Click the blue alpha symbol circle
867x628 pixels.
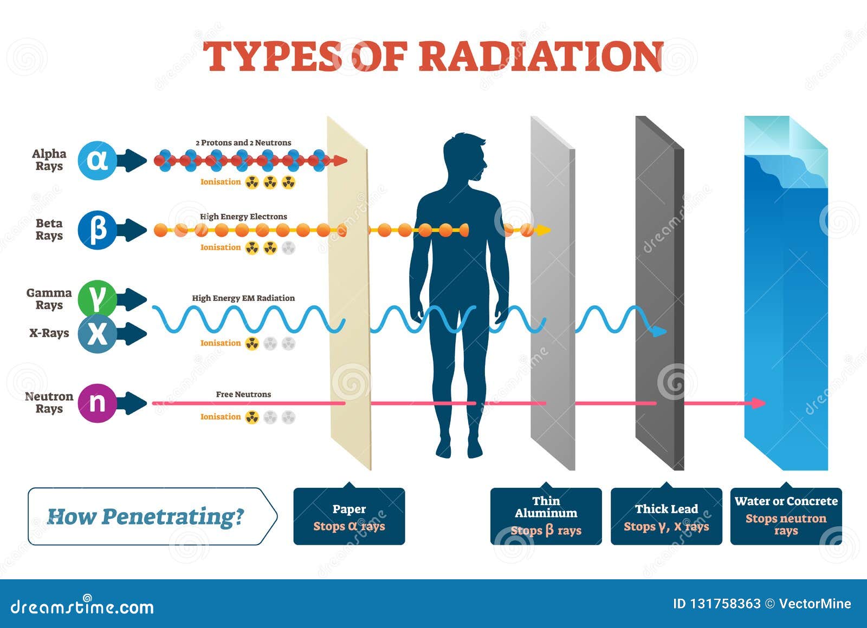(97, 160)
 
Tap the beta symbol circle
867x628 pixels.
(97, 230)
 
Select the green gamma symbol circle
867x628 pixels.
(97, 299)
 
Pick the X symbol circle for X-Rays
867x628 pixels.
(97, 334)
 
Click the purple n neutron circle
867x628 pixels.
(97, 403)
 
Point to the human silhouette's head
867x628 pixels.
(464, 156)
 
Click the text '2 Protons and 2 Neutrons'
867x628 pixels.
(243, 143)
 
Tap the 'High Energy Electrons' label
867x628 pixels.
(243, 217)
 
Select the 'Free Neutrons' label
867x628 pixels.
(243, 394)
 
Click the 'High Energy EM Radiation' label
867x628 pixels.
(243, 298)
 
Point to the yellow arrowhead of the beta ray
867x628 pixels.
(544, 231)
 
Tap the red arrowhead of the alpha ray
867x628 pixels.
(340, 160)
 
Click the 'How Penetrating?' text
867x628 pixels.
(146, 516)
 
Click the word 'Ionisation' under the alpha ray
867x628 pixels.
(221, 182)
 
